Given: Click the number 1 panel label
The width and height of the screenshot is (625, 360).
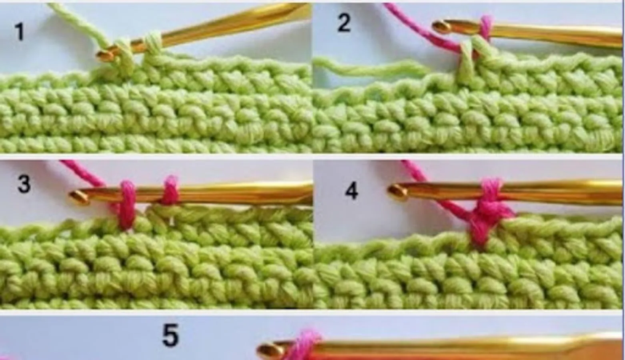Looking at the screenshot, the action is tap(20, 31).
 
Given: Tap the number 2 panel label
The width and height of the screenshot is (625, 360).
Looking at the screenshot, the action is tap(344, 22).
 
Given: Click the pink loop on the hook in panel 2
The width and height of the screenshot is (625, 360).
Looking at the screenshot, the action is tap(486, 28).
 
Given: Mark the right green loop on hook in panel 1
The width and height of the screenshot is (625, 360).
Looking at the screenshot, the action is tap(152, 42).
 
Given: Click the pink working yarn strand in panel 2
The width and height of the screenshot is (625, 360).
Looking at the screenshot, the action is tap(421, 28).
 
